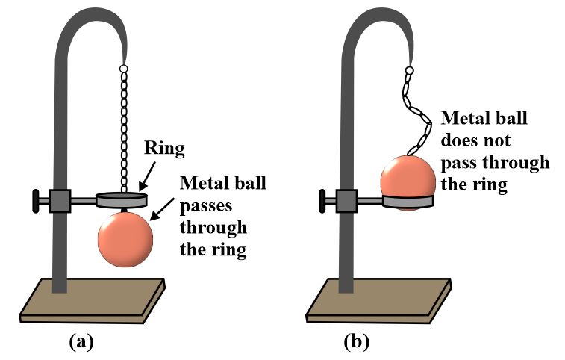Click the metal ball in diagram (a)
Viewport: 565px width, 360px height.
125,238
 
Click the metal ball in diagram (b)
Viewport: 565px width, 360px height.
408,179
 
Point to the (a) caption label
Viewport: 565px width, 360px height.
81,341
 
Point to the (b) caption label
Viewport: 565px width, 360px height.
356,341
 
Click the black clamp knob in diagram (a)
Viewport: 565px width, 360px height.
36,200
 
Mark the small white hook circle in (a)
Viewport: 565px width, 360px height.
123,69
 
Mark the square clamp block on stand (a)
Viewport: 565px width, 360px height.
60,200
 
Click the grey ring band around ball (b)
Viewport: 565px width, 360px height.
408,200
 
